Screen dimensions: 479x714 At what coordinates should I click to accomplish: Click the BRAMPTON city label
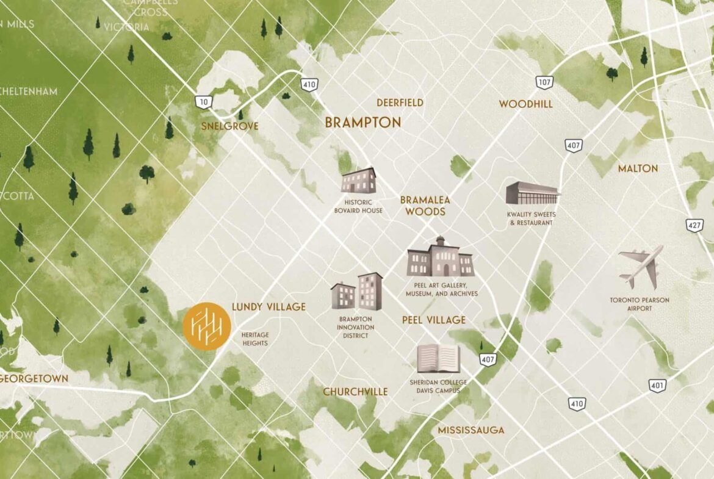362,123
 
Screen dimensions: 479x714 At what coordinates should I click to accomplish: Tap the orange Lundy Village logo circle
207,326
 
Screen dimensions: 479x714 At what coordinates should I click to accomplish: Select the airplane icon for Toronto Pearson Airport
640,267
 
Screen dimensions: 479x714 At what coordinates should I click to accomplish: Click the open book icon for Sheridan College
438,359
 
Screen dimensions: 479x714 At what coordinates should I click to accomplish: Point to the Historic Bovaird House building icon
358,181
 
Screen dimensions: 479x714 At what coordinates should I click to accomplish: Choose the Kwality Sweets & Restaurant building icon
532,193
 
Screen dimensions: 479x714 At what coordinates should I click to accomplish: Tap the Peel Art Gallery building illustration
441,258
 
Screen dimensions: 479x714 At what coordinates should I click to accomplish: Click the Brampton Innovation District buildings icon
357,292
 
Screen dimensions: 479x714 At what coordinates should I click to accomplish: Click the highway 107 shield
544,82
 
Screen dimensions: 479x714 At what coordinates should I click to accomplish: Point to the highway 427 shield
693,225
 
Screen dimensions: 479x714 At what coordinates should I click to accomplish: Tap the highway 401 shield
657,386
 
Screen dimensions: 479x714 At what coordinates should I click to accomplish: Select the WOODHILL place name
525,104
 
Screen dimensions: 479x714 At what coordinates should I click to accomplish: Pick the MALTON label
638,168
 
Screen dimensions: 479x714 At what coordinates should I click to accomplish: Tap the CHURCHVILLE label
355,392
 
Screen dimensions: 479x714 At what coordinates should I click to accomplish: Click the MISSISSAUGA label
471,430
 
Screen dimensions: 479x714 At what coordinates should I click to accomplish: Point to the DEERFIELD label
400,103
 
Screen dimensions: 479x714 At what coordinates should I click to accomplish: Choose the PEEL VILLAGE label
433,320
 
